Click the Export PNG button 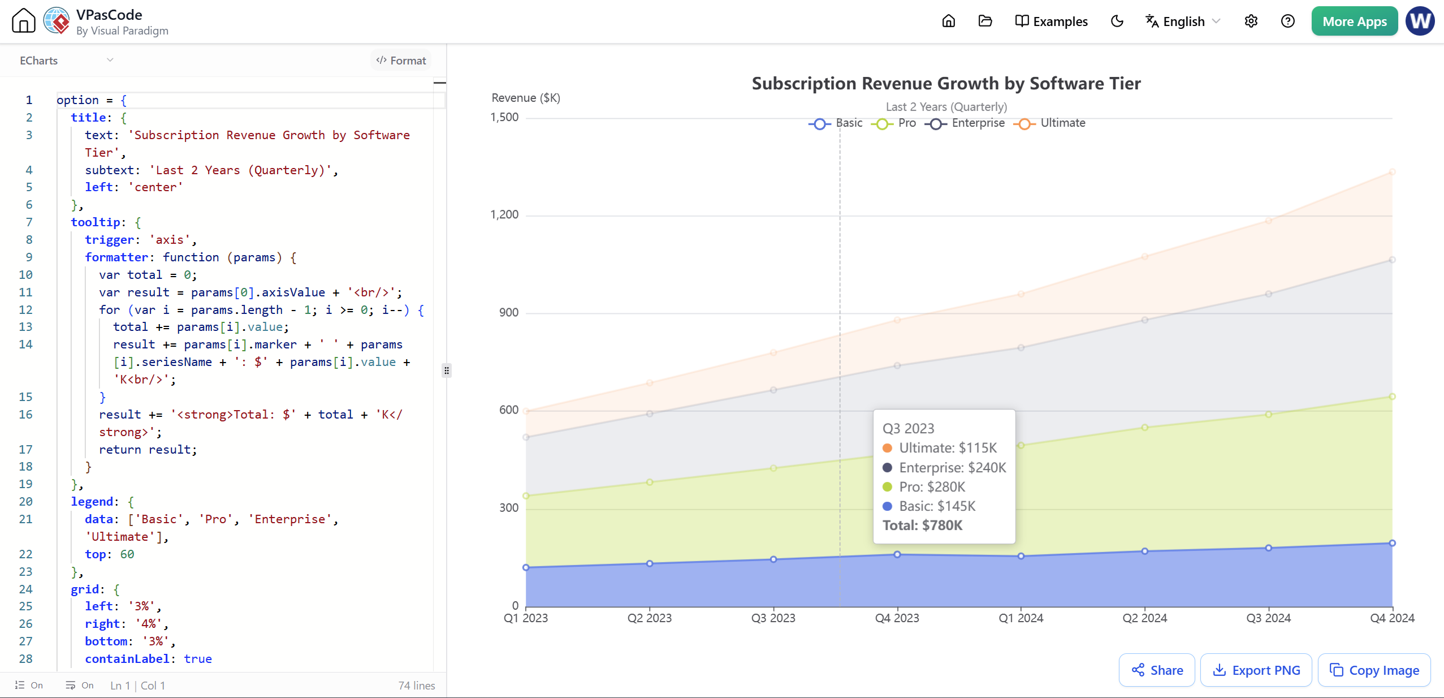click(1256, 670)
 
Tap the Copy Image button click(1374, 670)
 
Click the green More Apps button click(1354, 21)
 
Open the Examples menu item click(1051, 21)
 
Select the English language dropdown click(1183, 21)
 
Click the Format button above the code click(401, 61)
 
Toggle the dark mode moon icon click(1117, 21)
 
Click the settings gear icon click(1251, 21)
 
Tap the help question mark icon click(1287, 21)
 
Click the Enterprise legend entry click(965, 123)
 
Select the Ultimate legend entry click(1049, 123)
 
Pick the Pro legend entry click(893, 123)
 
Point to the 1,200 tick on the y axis click(504, 215)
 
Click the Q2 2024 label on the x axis click(1144, 618)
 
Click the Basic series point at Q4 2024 click(1392, 543)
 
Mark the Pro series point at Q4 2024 click(1392, 397)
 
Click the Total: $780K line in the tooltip click(922, 525)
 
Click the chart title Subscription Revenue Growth click(946, 84)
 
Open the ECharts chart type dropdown click(66, 61)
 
